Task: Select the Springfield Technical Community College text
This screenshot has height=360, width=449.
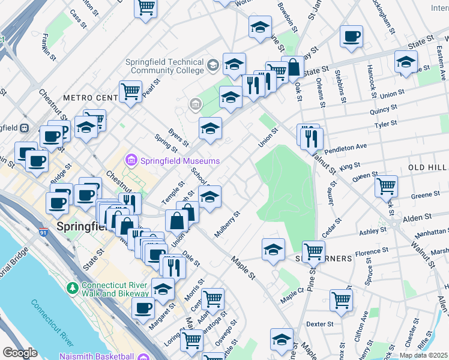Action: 164,66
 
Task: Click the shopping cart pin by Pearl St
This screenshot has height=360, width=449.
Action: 130,92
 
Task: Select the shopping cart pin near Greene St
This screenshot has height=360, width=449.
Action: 386,185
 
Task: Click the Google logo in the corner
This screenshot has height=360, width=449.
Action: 20,352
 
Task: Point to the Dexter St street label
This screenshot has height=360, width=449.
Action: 319,324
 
